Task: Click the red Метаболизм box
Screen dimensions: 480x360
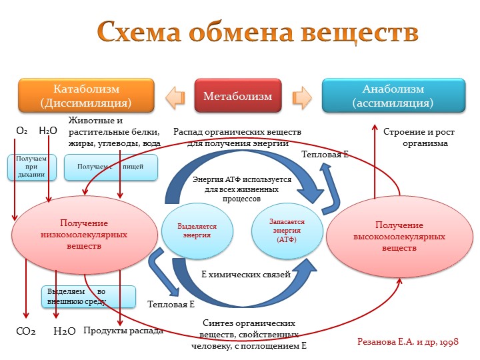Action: click(238, 95)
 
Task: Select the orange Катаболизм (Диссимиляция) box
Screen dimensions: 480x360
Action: click(86, 95)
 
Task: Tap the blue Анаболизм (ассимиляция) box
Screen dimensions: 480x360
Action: click(393, 95)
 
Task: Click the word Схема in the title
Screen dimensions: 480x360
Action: click(139, 31)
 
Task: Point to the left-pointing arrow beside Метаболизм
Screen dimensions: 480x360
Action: click(175, 97)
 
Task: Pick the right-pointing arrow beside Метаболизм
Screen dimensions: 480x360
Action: click(302, 97)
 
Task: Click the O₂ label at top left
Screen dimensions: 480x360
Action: click(21, 131)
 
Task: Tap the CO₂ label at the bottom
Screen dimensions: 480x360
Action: click(26, 331)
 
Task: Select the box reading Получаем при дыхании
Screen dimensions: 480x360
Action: click(32, 167)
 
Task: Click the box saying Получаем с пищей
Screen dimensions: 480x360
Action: click(111, 167)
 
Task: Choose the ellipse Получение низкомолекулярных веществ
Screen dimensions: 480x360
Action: click(84, 235)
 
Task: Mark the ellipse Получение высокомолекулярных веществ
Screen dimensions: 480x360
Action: click(399, 237)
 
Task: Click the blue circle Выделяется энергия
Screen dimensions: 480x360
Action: click(197, 231)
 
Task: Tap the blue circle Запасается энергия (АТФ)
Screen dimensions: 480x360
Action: click(287, 231)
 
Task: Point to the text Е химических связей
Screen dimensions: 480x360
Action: click(246, 275)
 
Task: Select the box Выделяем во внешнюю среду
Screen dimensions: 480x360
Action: click(89, 297)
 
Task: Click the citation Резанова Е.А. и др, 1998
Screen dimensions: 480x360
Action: click(408, 341)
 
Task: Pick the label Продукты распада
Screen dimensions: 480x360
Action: click(123, 331)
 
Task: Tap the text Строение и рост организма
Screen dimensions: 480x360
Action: click(419, 137)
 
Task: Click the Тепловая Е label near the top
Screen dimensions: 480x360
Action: click(325, 154)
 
